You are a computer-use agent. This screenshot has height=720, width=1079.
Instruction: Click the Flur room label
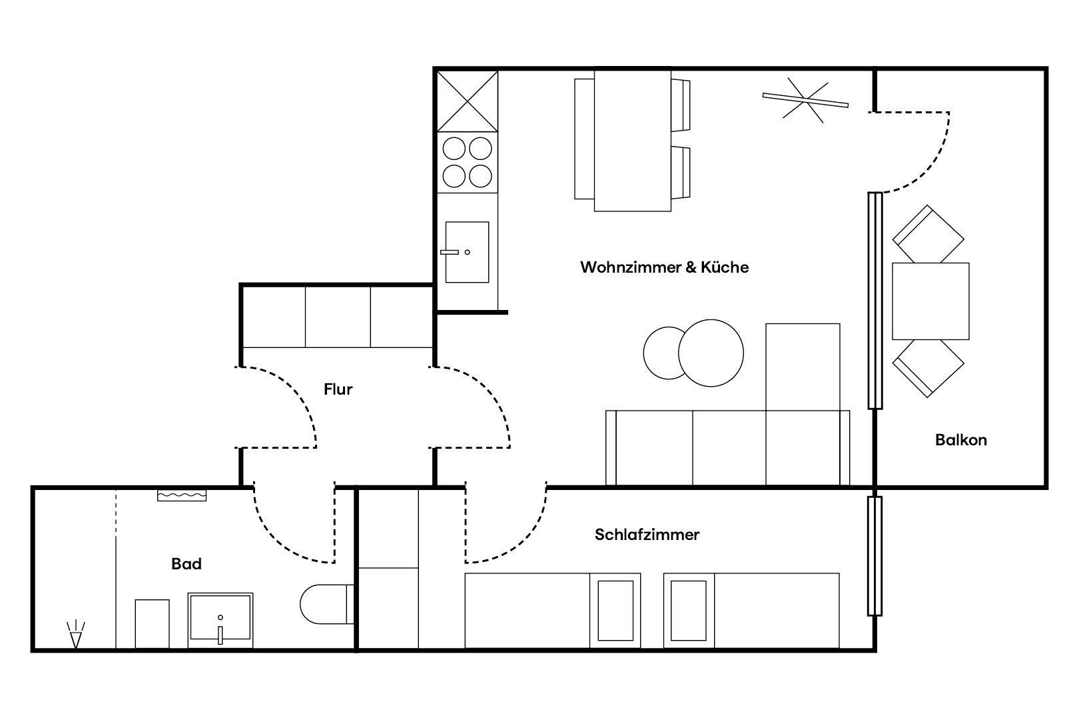[x=338, y=389]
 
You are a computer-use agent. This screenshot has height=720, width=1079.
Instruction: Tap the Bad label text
[x=186, y=564]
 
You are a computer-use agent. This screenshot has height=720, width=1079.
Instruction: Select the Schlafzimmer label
[x=647, y=535]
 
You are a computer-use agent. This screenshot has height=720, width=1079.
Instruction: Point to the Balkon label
[x=961, y=440]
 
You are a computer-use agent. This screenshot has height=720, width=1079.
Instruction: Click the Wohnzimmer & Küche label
[x=664, y=267]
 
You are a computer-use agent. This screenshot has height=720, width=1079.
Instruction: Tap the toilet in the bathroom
[x=326, y=604]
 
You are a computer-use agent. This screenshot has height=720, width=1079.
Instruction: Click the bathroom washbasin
[x=220, y=621]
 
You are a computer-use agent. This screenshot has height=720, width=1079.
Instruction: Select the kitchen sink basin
[x=467, y=252]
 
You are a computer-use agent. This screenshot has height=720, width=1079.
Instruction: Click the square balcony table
[x=930, y=301]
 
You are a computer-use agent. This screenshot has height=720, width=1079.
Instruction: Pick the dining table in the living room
[x=633, y=141]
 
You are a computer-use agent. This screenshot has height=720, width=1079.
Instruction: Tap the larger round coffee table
[x=711, y=353]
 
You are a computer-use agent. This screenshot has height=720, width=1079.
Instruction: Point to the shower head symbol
[x=76, y=635]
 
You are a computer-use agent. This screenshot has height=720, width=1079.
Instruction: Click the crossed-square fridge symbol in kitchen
[x=468, y=101]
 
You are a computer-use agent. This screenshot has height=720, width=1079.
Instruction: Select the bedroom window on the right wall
[x=875, y=556]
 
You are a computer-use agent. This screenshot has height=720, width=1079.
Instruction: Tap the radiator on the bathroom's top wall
[x=182, y=495]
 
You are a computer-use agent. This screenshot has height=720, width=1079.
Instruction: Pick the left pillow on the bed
[x=615, y=611]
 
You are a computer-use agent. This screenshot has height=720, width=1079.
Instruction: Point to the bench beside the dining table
[x=584, y=139]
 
